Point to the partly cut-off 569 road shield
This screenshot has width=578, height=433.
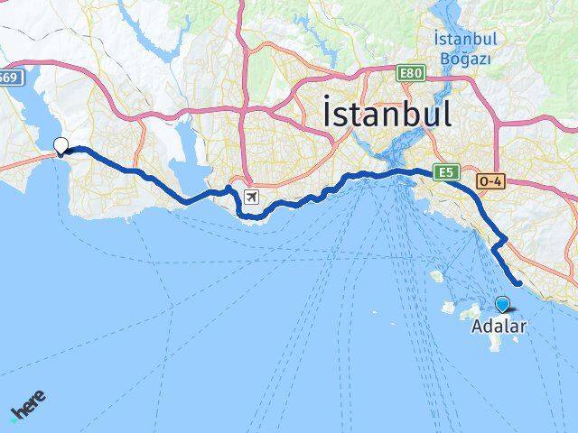coord(8,78)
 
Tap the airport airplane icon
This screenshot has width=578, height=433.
coord(250,198)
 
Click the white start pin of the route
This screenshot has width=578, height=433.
coord(61,145)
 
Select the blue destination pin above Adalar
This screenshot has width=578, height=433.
coord(502,306)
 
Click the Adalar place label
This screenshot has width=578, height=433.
coord(498,328)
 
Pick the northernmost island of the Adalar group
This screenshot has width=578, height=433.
coord(438,276)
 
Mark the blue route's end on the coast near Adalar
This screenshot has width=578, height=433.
coord(518,284)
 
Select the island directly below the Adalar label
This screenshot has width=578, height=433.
coord(495,343)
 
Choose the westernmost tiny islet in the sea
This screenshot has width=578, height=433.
coord(378,314)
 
